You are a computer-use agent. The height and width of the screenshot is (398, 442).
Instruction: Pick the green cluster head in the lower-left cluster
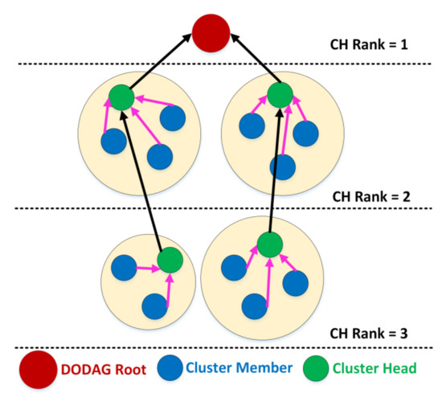[170, 260]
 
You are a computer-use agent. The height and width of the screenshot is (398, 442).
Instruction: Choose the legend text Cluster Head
[382, 370]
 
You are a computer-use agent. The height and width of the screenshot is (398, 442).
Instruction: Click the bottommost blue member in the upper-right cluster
[281, 166]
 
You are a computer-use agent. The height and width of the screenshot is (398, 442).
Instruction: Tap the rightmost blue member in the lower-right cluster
[295, 282]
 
